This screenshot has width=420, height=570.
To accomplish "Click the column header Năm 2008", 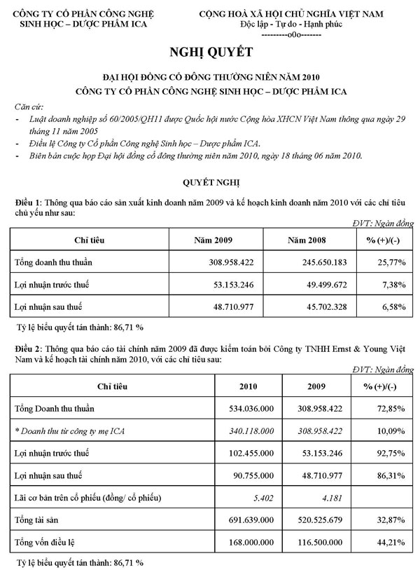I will click(310, 240).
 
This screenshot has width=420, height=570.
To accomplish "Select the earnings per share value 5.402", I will click(261, 498).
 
